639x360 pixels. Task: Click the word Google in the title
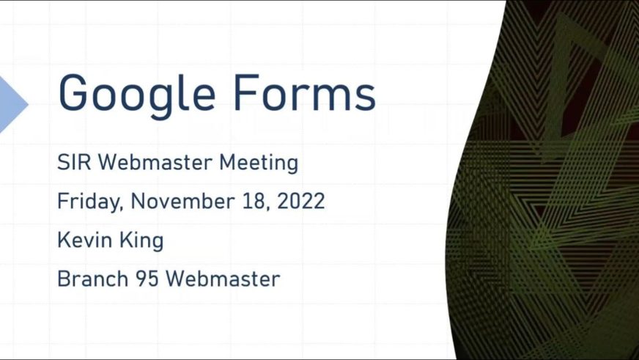point(137,96)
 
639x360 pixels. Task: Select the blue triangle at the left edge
point(13,104)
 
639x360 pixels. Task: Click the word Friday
point(90,202)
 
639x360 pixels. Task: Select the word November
point(182,201)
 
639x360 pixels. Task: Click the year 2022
point(301,201)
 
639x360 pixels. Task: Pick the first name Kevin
point(85,240)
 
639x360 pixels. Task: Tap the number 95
point(147,279)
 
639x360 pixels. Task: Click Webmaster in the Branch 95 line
point(223,279)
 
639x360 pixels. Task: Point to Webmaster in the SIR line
point(155,162)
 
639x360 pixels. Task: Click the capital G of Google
point(73,92)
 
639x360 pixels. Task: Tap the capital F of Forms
point(246,92)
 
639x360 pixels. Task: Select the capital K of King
point(126,240)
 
